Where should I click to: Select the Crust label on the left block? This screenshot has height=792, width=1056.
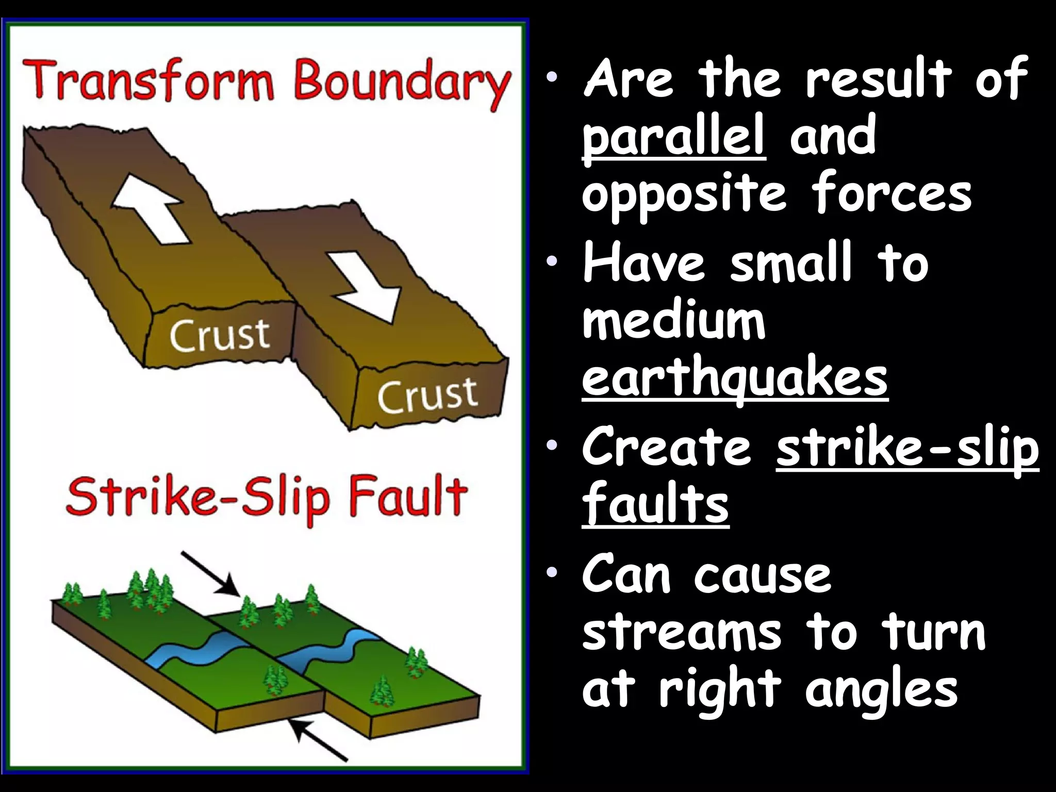(220, 335)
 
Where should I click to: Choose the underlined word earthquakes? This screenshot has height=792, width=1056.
(734, 377)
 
